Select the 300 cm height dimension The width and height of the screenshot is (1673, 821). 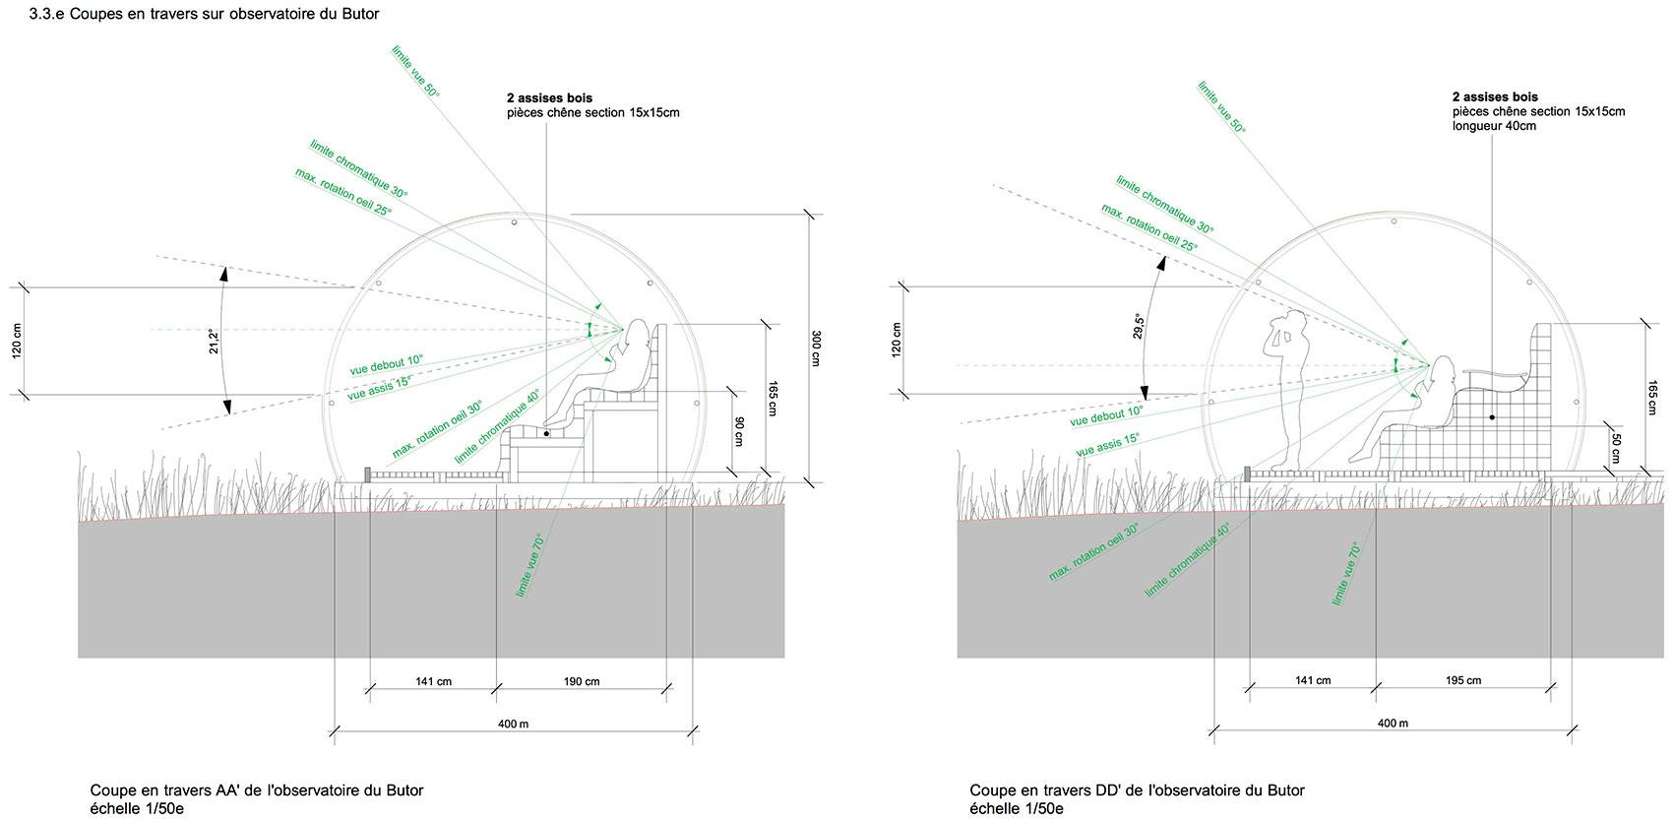[815, 347]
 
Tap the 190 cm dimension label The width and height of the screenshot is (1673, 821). [582, 681]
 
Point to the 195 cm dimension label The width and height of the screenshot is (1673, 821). [1463, 680]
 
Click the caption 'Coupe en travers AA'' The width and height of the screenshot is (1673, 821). [256, 790]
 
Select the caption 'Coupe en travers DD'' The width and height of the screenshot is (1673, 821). [1137, 790]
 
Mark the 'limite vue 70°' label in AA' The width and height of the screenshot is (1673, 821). [528, 566]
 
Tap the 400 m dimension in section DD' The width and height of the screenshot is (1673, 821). [1392, 724]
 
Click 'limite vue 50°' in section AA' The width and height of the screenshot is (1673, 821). [415, 69]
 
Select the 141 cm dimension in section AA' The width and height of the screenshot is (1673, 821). [432, 681]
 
